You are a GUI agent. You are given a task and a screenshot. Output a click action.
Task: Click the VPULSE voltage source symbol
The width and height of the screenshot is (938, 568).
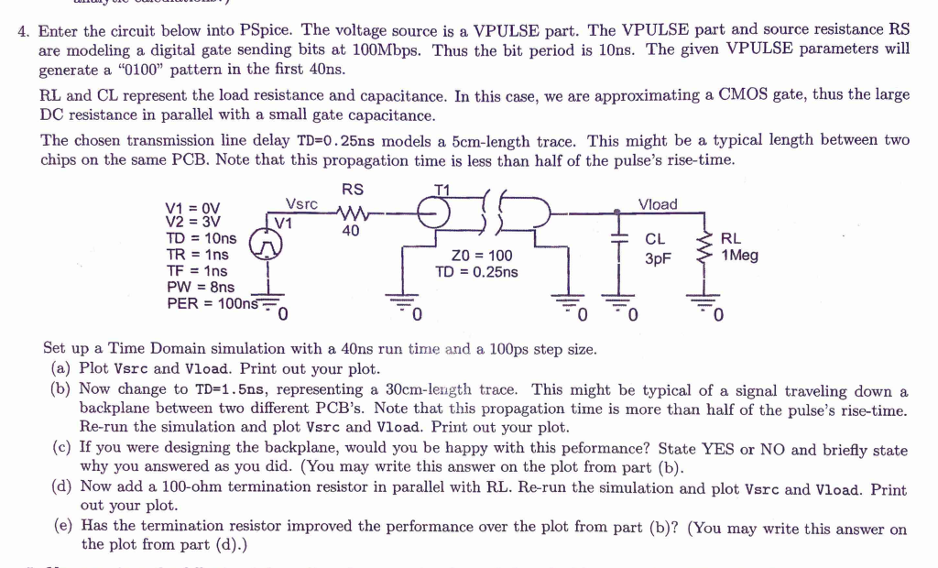pyautogui.click(x=267, y=243)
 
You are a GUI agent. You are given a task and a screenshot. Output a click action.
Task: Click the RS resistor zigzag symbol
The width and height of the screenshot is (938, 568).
pyautogui.click(x=352, y=214)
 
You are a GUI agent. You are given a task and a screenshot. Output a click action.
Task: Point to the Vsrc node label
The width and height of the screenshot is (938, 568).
pyautogui.click(x=301, y=204)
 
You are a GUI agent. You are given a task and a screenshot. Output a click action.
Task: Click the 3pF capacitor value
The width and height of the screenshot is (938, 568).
pyautogui.click(x=658, y=258)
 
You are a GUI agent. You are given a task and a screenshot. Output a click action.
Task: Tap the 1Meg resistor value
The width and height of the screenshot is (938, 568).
pyautogui.click(x=740, y=256)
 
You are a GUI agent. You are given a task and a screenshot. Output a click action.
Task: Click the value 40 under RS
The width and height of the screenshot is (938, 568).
pyautogui.click(x=350, y=232)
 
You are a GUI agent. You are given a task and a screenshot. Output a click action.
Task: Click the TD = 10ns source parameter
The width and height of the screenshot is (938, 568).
pyautogui.click(x=201, y=238)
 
